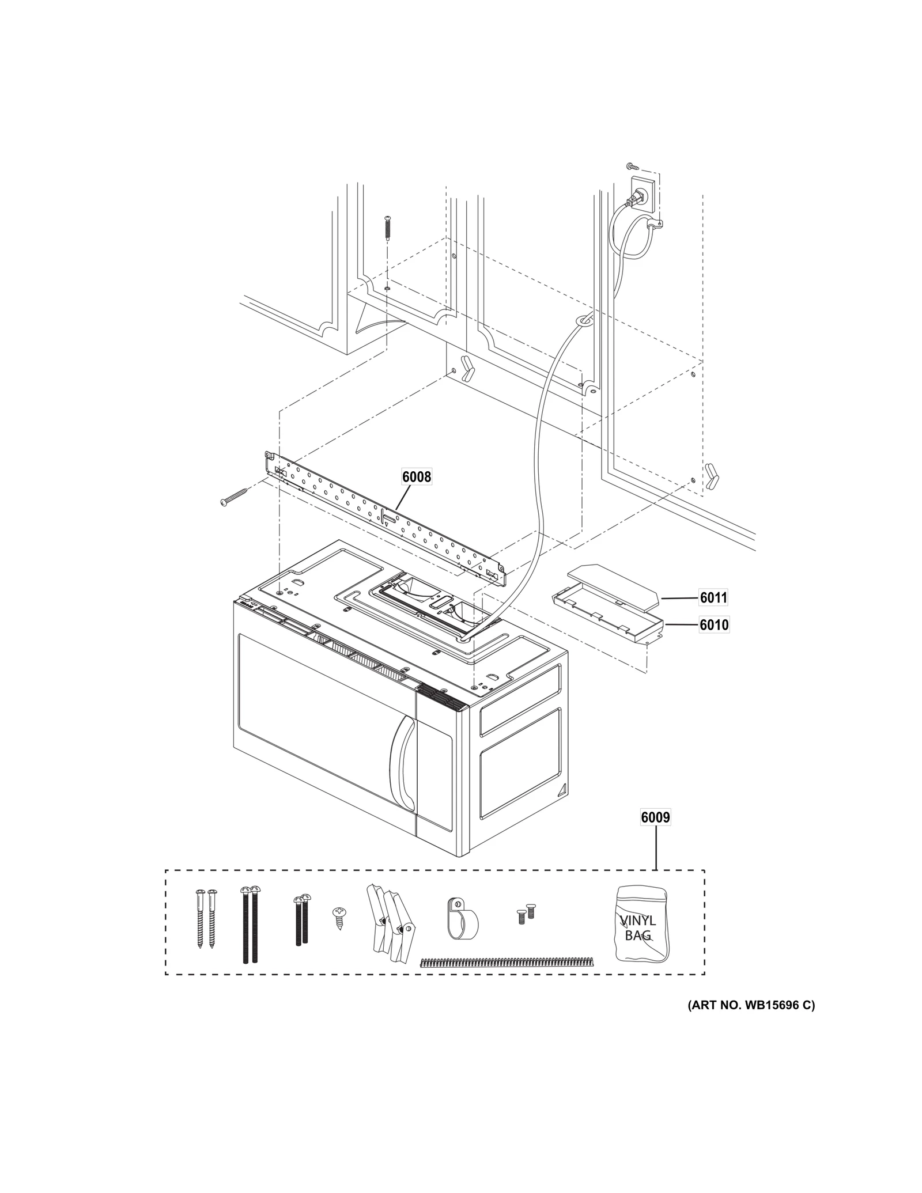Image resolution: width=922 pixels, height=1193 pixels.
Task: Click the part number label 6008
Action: (416, 476)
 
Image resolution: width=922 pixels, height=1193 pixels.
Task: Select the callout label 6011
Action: (713, 598)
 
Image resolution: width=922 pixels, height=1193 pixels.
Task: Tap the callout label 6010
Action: (713, 624)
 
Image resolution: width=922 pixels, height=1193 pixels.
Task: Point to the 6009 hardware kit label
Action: (655, 817)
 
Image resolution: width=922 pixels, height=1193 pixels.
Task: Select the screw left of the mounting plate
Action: (233, 497)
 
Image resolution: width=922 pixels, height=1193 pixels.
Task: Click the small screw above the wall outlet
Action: (632, 166)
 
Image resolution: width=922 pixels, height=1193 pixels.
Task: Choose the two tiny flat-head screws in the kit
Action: (525, 914)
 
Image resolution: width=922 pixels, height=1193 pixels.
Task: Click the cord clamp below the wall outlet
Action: (655, 224)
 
